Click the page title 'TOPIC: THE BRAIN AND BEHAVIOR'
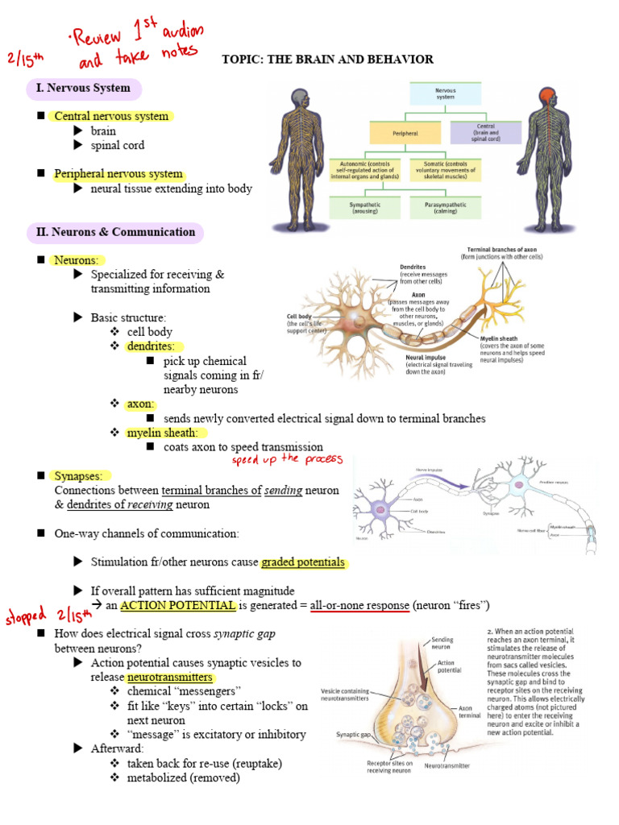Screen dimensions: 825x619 [327, 60]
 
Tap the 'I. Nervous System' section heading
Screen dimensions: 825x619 [84, 88]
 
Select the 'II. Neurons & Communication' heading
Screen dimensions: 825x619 [115, 232]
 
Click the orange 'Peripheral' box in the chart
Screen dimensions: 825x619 [405, 133]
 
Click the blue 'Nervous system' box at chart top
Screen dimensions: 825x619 [445, 95]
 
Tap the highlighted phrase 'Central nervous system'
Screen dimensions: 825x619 [111, 116]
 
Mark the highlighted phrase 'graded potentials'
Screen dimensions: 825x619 [302, 562]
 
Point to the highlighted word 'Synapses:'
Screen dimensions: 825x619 [84, 475]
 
